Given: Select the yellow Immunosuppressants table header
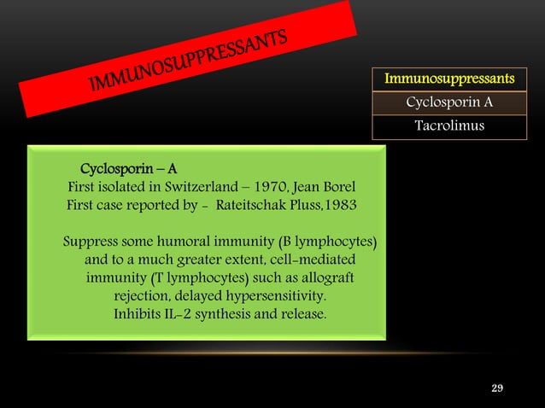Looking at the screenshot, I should point(449,79).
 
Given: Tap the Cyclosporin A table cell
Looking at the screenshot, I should point(449,103).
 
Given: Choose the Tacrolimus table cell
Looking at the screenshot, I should point(449,126).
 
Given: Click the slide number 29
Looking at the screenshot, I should point(497,389).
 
